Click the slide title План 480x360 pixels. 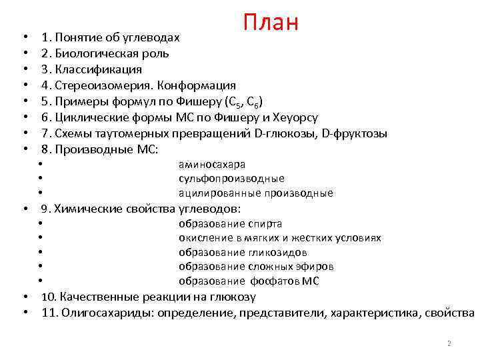click(270, 23)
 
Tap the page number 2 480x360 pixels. click(449, 343)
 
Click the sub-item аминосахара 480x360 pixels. click(212, 164)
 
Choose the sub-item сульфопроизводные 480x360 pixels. click(231, 179)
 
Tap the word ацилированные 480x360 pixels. click(217, 193)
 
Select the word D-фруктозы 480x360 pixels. click(354, 133)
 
